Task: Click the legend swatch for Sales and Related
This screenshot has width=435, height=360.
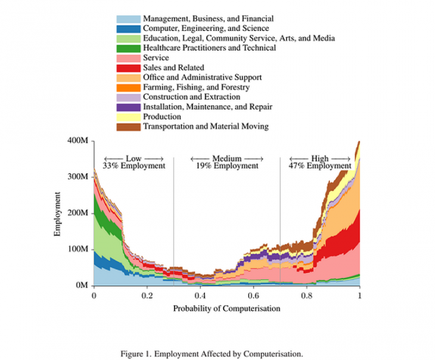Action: pos(129,68)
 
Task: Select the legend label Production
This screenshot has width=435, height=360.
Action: pos(162,116)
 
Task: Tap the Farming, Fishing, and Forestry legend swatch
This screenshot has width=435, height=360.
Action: pos(129,88)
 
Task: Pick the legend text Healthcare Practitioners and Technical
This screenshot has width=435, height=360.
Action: pos(209,48)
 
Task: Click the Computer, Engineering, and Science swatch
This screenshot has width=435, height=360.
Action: pos(129,29)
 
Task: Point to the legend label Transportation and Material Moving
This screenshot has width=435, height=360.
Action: pos(206,127)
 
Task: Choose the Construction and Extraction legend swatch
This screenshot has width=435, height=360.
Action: pos(129,97)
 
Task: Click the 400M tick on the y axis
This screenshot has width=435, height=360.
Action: pos(78,141)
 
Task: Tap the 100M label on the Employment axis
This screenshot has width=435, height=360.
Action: pos(78,249)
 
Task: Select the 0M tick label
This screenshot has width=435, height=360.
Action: pos(82,285)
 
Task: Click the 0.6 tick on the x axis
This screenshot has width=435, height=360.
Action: pos(254,295)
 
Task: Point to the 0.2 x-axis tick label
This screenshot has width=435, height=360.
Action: pos(147,295)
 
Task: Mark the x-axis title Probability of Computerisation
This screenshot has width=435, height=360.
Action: pos(227,308)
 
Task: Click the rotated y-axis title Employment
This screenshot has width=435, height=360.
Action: pos(57,214)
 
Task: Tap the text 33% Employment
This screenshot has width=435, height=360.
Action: pos(134,166)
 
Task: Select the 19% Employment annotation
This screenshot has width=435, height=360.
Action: pos(227,166)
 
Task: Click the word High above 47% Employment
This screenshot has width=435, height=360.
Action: pos(320,159)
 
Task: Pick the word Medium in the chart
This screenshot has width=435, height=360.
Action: pos(227,159)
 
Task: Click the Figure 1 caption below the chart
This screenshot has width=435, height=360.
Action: pos(212,354)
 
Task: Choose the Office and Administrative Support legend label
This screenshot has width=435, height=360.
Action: pos(202,78)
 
